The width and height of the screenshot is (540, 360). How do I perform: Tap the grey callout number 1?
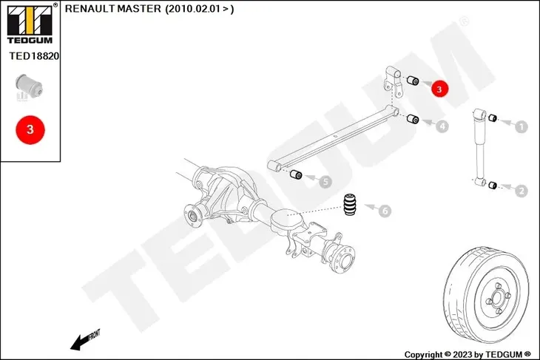point(522,127)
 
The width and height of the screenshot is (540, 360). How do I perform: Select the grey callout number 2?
point(522,191)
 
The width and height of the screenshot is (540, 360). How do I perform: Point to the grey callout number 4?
point(442,126)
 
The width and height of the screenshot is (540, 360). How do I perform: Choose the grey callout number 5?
point(325,180)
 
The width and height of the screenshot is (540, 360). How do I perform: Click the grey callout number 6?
point(385,211)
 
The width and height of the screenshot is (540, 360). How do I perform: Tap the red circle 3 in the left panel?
point(30,129)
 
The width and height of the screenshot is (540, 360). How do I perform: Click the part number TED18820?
point(33,55)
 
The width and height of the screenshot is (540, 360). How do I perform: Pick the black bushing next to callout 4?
point(414,120)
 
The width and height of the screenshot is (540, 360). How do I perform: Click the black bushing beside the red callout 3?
point(414,80)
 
